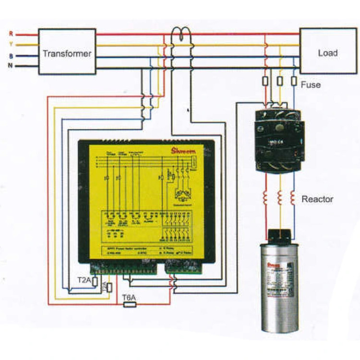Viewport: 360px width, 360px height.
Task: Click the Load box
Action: coord(327,52)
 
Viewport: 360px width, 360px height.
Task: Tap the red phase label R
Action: coord(11,34)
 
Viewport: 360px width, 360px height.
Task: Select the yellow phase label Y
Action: coord(11,45)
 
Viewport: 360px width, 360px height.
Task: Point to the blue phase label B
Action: coord(11,56)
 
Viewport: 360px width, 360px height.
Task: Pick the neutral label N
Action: coord(11,66)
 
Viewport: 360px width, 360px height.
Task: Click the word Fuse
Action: coord(311,85)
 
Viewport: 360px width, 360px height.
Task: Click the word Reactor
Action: coord(317,198)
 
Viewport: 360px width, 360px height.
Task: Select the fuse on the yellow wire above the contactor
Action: coord(279,81)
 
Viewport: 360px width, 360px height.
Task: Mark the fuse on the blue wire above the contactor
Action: coord(293,81)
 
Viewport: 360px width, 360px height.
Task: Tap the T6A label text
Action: coord(129,298)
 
